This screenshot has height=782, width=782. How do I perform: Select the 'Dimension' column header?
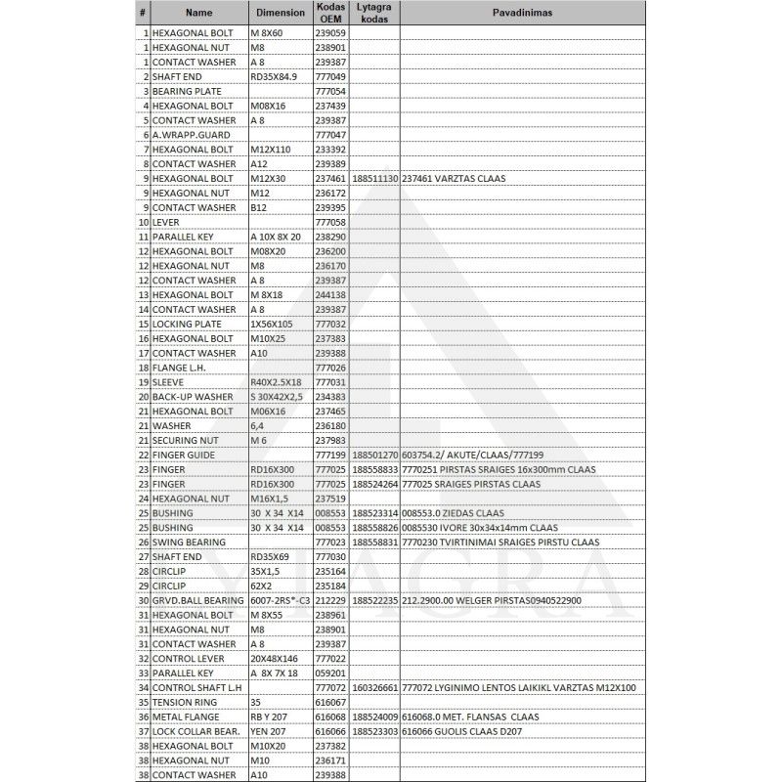[280, 14]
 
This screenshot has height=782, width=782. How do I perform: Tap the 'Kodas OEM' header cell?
[331, 14]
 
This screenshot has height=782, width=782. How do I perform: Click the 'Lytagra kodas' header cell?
[374, 14]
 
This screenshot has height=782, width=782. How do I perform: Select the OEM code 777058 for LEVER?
[330, 222]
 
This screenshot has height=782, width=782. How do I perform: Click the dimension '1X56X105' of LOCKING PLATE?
[273, 324]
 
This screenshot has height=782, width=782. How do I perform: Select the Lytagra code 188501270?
[374, 455]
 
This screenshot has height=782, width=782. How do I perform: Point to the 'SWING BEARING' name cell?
[189, 542]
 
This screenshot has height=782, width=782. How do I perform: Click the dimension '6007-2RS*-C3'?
[281, 600]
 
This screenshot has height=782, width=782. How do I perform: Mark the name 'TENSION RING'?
[183, 702]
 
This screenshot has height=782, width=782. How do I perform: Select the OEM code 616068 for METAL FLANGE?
[330, 717]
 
